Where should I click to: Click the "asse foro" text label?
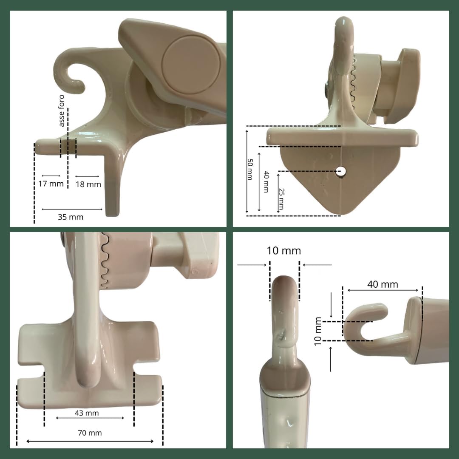coord(62,110)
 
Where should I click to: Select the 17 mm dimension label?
coord(51,184)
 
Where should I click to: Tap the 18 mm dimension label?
coord(88,184)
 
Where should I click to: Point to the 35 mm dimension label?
coord(71,217)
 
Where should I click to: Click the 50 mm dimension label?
coord(250,170)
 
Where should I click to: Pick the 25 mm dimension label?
coord(281,199)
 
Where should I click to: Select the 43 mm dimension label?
coord(87,413)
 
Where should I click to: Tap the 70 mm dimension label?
coord(90,433)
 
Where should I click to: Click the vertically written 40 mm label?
coord(266,182)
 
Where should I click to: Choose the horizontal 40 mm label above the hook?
coord(382,284)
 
